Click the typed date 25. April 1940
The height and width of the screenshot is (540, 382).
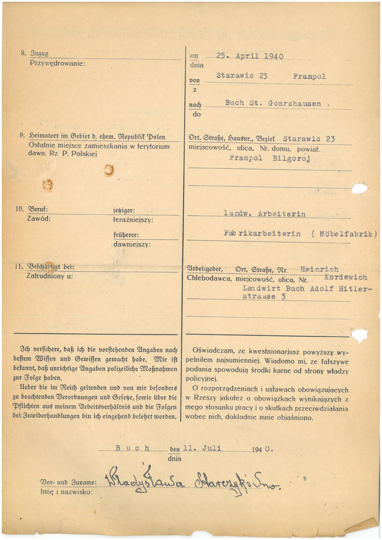[250, 56]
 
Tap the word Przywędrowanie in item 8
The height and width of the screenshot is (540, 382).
[57, 63]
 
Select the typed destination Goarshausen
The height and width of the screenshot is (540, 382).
[294, 103]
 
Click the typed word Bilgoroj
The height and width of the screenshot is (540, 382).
[291, 158]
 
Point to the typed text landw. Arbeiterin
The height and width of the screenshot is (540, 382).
[264, 214]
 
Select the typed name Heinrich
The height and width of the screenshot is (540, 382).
[319, 270]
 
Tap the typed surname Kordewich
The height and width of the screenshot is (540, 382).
[346, 277]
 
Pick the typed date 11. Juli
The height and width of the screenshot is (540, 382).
[202, 448]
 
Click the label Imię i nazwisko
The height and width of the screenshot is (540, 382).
[66, 491]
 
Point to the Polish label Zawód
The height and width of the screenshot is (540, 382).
[39, 219]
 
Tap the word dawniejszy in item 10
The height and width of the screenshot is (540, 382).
[132, 244]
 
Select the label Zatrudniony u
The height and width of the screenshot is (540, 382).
[49, 276]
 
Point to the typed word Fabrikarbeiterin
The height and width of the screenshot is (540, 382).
[262, 234]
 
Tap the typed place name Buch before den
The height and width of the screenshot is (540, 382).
[132, 448]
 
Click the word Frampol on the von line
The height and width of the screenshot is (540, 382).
[309, 76]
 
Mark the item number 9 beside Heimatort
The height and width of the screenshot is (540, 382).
[22, 136]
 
